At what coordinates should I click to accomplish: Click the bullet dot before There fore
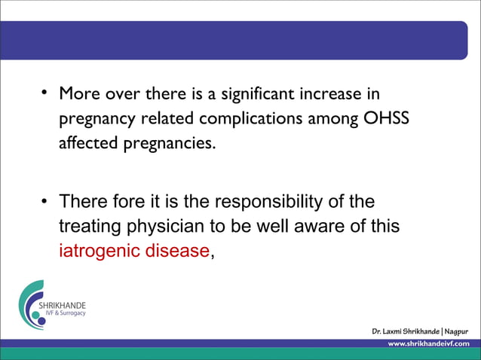pyautogui.click(x=45, y=201)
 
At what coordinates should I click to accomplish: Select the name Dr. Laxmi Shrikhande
pyautogui.click(x=405, y=331)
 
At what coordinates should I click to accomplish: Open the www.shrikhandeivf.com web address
pyautogui.click(x=427, y=343)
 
